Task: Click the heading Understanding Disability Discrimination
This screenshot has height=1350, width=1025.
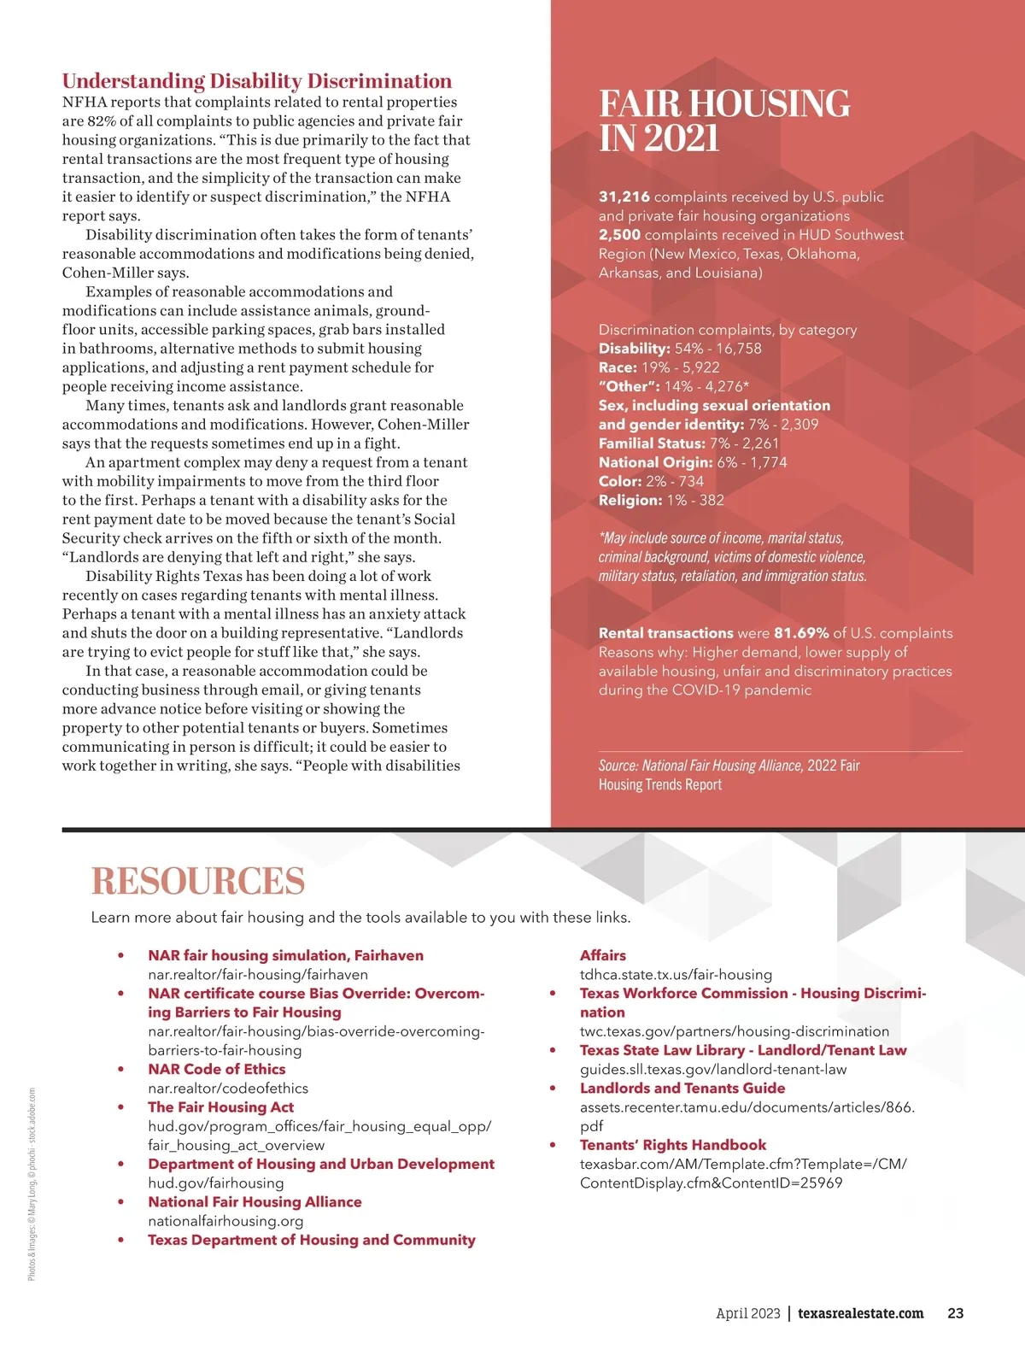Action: [257, 81]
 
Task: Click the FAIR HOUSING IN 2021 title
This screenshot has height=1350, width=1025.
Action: [724, 120]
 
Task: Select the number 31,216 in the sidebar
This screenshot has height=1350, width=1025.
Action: [624, 197]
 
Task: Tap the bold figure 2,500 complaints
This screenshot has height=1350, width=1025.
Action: [619, 235]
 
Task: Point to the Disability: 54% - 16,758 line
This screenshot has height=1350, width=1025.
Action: [680, 349]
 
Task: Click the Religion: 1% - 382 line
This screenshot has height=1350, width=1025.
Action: [661, 501]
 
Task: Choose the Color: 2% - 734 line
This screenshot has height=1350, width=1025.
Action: [651, 481]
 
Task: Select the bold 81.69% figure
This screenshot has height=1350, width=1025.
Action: [801, 633]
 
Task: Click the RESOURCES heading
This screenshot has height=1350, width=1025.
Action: [198, 881]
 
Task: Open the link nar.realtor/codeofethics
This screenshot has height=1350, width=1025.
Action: [228, 1089]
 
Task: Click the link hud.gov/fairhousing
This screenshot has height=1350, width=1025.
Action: [215, 1183]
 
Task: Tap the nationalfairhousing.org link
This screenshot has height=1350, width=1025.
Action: [225, 1221]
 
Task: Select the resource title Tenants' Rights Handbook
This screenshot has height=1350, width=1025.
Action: [673, 1145]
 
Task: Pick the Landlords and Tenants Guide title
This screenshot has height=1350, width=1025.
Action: [682, 1089]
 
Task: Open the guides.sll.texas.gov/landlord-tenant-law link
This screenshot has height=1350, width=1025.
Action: [713, 1070]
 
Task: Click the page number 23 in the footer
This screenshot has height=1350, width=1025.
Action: [956, 1313]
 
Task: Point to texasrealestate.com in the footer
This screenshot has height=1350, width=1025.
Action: [860, 1313]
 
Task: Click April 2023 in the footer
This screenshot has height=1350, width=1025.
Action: [747, 1313]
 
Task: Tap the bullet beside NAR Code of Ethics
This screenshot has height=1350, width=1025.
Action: [121, 1070]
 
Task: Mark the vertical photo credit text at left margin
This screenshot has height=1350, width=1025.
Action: [32, 1183]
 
